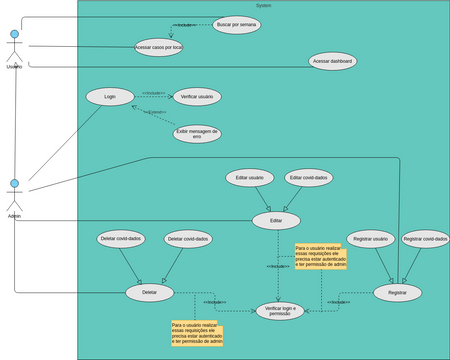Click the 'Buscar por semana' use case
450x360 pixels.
click(237, 24)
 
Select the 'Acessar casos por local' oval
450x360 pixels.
click(158, 46)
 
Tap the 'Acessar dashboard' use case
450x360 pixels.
click(333, 61)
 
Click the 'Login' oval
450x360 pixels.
click(110, 97)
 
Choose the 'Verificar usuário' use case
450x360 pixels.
click(197, 97)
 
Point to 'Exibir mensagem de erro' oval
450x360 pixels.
click(197, 132)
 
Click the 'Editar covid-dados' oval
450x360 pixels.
click(309, 178)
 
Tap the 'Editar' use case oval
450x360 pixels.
click(276, 220)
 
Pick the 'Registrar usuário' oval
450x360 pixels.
click(371, 239)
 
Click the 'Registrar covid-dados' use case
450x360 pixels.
click(425, 239)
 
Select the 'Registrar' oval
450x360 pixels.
click(397, 292)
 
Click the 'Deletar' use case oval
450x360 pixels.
click(150, 292)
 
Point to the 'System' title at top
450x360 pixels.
click(263, 5)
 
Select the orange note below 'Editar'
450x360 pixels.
click(320, 256)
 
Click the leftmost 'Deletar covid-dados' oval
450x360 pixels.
click(122, 239)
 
